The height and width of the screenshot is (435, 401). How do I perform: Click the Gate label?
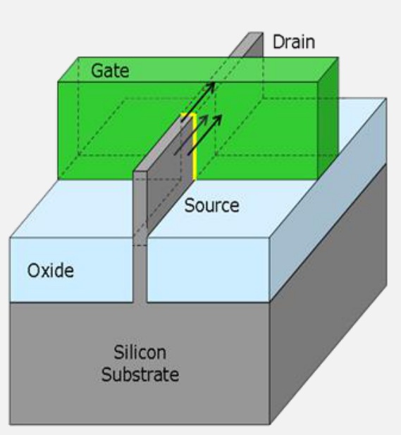click(110, 71)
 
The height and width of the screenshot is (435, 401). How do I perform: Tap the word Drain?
click(294, 42)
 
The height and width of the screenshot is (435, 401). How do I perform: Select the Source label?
click(211, 206)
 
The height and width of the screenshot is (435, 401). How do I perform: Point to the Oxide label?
click(51, 271)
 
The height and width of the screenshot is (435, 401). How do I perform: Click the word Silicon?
click(140, 353)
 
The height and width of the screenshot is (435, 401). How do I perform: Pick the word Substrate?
click(140, 374)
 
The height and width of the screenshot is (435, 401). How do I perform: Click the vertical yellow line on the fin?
click(195, 147)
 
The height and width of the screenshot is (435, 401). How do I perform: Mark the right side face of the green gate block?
click(328, 118)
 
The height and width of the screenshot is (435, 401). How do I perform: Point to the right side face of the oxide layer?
click(328, 200)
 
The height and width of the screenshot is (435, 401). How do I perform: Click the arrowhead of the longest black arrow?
click(211, 86)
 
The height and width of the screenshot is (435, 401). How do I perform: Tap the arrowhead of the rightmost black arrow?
click(218, 118)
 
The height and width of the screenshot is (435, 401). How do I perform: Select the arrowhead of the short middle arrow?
click(204, 118)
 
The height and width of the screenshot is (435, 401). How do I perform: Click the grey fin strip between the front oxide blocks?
click(140, 274)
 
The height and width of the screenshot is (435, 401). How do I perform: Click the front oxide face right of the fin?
click(209, 269)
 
